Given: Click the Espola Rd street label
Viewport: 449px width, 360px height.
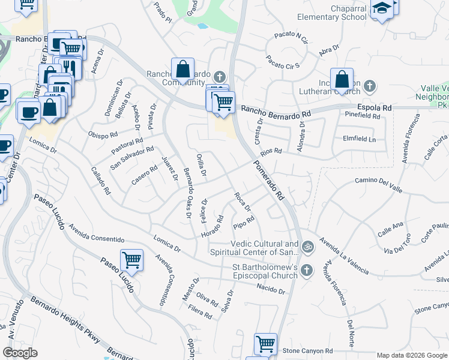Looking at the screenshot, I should pyautogui.click(x=375, y=107).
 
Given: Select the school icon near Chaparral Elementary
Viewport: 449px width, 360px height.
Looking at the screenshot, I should pyautogui.click(x=381, y=9).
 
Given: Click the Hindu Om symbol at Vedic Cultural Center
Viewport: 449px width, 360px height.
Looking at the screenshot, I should pyautogui.click(x=307, y=246).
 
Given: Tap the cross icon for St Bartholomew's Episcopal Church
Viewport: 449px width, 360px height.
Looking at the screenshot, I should pyautogui.click(x=307, y=269).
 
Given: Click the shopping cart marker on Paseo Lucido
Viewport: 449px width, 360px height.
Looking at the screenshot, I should pyautogui.click(x=131, y=260).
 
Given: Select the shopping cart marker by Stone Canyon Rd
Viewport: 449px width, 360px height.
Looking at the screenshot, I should pyautogui.click(x=265, y=344).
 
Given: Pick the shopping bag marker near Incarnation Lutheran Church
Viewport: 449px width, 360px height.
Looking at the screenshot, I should pyautogui.click(x=342, y=80).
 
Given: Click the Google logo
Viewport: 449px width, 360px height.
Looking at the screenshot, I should pyautogui.click(x=20, y=353).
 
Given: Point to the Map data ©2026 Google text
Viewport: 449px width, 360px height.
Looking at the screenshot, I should pyautogui.click(x=412, y=355).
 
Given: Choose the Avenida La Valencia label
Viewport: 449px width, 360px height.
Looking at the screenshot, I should pyautogui.click(x=344, y=256).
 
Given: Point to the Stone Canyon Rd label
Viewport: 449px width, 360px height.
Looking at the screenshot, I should pyautogui.click(x=307, y=350).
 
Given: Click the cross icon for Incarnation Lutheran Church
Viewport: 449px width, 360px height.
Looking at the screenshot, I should pyautogui.click(x=370, y=86).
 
